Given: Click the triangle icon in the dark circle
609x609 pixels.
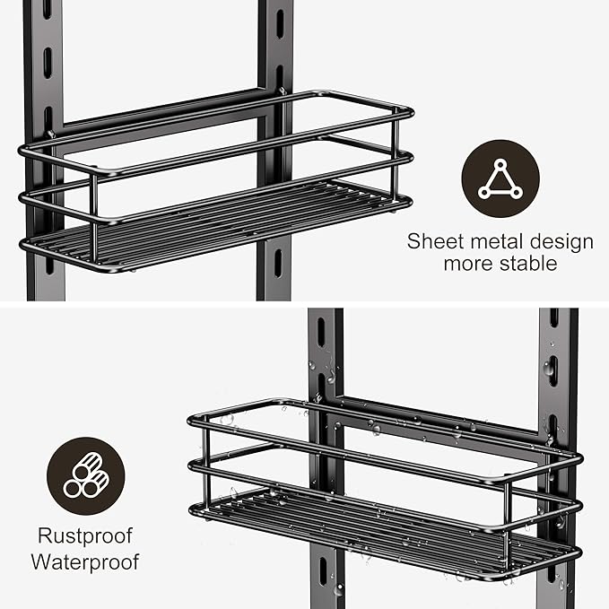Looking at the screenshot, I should (x=500, y=178).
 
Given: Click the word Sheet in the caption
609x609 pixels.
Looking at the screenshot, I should (x=432, y=241).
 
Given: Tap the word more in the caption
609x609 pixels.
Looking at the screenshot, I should (x=467, y=265).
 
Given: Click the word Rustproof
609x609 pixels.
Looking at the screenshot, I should (x=86, y=536).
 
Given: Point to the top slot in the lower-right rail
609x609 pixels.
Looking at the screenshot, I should (x=553, y=318).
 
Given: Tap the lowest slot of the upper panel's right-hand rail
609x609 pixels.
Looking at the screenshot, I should (x=276, y=263).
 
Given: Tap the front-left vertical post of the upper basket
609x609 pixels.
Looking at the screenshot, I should (x=93, y=215).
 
